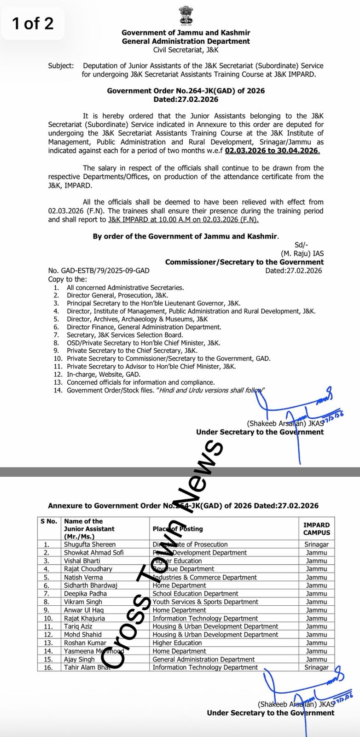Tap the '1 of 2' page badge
click(x=33, y=23)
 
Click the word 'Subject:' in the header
click(x=60, y=66)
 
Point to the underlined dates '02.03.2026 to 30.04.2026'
click(x=272, y=151)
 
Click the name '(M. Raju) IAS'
click(x=302, y=253)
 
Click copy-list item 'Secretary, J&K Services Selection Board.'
click(x=125, y=335)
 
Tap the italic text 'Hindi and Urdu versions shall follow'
click(x=211, y=390)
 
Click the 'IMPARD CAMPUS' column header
click(x=316, y=529)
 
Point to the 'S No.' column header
click(x=49, y=521)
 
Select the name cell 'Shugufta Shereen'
click(x=90, y=544)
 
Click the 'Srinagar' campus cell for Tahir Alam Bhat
click(x=316, y=667)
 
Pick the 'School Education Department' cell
click(x=195, y=594)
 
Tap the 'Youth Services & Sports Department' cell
click(x=205, y=602)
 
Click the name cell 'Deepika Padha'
click(x=85, y=594)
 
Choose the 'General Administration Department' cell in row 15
click(x=203, y=659)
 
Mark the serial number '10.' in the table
click(x=48, y=619)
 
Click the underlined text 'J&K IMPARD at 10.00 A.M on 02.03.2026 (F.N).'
click(x=183, y=220)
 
